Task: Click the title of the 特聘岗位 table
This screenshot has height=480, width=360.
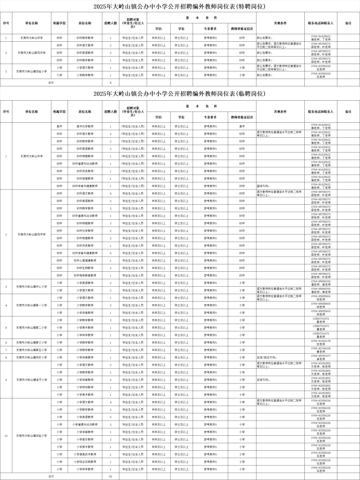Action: [x=180, y=6]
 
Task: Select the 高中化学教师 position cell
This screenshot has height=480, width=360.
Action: [x=85, y=126]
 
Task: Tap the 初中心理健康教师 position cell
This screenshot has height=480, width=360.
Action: [x=85, y=261]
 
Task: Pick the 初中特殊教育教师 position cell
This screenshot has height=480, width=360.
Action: [x=85, y=276]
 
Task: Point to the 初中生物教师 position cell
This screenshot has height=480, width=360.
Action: [x=85, y=268]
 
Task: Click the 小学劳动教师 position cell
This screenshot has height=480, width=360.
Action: [x=85, y=387]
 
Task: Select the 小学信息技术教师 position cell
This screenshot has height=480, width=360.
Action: [x=85, y=454]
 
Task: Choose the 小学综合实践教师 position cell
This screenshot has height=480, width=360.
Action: [x=85, y=462]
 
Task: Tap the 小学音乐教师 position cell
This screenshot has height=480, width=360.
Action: [x=85, y=439]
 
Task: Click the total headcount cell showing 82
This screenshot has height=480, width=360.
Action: [x=111, y=476]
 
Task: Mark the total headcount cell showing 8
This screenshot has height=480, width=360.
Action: [x=111, y=82]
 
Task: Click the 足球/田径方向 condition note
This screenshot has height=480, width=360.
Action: [x=267, y=357]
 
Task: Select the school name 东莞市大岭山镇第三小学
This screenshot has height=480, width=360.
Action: [x=32, y=342]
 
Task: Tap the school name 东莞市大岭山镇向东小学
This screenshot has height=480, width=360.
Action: [x=32, y=357]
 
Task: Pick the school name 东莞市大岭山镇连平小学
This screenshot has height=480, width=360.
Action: [x=32, y=380]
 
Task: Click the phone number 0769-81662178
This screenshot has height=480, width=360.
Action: [x=321, y=341]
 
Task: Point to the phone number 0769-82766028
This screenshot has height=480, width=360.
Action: [x=321, y=348]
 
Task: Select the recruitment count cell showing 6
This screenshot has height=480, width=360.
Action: [x=111, y=253]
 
